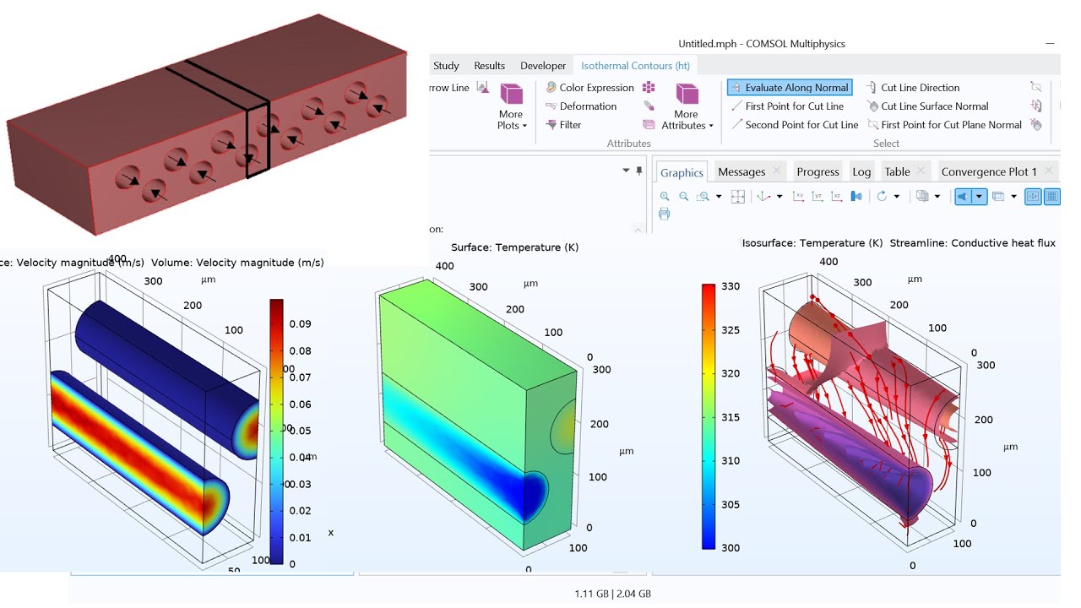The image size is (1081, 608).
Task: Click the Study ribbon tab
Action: tap(446, 66)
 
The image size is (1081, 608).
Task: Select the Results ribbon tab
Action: tap(489, 66)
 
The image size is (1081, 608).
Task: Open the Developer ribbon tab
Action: tap(543, 66)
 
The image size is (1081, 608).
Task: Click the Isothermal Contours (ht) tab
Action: tap(635, 66)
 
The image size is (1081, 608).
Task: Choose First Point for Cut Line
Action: tap(794, 106)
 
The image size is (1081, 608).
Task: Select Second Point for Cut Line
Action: tap(801, 125)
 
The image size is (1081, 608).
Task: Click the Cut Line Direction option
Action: tap(920, 88)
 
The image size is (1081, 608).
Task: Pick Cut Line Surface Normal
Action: tap(934, 106)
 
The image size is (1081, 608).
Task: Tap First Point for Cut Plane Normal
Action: tap(951, 125)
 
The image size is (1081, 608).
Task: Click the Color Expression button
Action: tap(596, 88)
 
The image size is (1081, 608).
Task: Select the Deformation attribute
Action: tap(588, 106)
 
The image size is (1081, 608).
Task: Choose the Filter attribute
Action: tap(570, 125)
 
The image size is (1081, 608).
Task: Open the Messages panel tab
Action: tap(741, 172)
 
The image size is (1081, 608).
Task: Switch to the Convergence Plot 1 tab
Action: tap(988, 172)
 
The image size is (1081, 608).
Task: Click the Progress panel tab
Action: tap(818, 172)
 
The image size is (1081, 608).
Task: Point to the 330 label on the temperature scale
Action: tap(731, 286)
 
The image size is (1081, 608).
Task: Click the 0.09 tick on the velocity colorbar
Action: tap(301, 324)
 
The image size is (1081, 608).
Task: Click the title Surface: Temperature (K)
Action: tap(515, 247)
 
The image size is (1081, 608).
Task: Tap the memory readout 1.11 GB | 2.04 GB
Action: tap(612, 594)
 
